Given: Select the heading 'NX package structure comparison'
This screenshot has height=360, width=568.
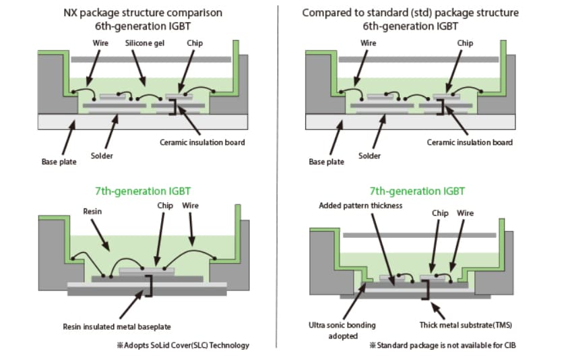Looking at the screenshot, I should point(142,13).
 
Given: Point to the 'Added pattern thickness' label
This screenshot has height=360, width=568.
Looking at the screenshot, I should point(360,206).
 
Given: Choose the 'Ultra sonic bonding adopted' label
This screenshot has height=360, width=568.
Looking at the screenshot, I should point(343,330).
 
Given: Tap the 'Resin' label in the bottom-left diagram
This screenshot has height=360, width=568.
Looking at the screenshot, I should point(92,211).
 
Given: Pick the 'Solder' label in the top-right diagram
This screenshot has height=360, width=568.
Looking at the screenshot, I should point(369,156).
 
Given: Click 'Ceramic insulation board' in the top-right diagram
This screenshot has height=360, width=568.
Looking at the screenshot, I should point(470,142).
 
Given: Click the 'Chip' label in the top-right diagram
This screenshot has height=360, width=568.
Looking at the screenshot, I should point(465,43).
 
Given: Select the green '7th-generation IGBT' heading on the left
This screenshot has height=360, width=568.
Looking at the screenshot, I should point(142,191).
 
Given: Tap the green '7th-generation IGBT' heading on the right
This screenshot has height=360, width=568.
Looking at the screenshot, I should point(417,191).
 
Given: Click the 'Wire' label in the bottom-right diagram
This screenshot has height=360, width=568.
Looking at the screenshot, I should point(466,213).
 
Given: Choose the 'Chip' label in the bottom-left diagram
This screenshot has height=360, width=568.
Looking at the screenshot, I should point(165,205).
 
